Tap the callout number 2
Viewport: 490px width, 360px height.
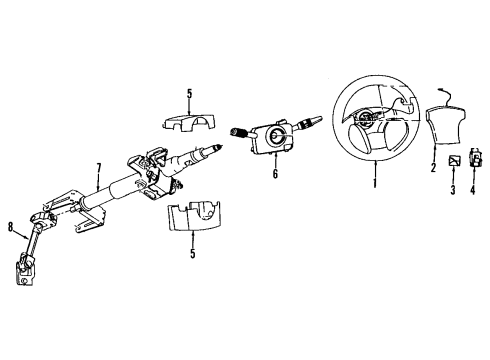pyautogui.click(x=433, y=169)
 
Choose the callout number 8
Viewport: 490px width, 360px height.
pyautogui.click(x=12, y=228)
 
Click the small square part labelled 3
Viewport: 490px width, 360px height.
pyautogui.click(x=453, y=159)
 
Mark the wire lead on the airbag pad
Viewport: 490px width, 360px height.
pyautogui.click(x=457, y=95)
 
